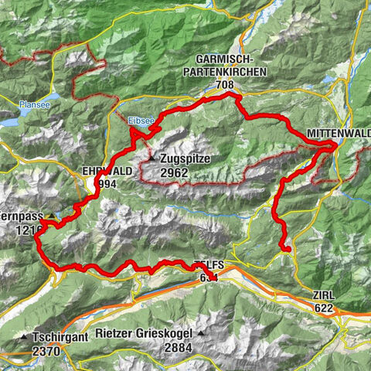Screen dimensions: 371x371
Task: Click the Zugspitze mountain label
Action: [185, 159]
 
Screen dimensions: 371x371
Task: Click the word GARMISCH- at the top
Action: [232, 60]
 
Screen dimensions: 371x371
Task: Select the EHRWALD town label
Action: [105, 172]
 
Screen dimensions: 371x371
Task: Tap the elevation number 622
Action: [323, 308]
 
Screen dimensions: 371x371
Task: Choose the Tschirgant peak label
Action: [62, 337]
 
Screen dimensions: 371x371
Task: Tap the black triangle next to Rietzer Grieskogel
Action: [201, 335]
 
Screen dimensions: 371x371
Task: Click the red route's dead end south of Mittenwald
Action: [287, 249]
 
